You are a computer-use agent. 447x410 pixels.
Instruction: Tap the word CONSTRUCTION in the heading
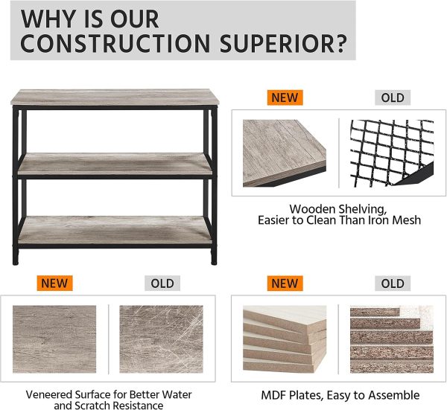pyautogui.click(x=115, y=44)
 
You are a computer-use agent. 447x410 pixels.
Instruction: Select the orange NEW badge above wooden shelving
pyautogui.click(x=285, y=97)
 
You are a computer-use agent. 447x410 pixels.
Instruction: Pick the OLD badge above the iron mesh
pyautogui.click(x=393, y=97)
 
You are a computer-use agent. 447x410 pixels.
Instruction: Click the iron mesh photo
pyautogui.click(x=392, y=153)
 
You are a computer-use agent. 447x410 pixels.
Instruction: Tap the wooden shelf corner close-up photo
pyautogui.click(x=285, y=153)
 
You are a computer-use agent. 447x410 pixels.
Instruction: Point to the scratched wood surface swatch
pyautogui.click(x=161, y=339)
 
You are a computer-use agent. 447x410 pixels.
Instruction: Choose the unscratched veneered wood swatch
pyautogui.click(x=54, y=339)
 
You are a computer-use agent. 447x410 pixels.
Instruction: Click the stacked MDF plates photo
pyautogui.click(x=285, y=339)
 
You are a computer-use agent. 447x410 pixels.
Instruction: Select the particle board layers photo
pyautogui.click(x=392, y=339)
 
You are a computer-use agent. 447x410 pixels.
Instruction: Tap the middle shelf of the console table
pyautogui.click(x=115, y=164)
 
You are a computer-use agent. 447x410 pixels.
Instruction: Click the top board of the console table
pyautogui.click(x=115, y=97)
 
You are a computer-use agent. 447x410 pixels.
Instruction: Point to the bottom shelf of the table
pyautogui.click(x=115, y=230)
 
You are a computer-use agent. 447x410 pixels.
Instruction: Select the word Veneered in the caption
pyautogui.click(x=49, y=394)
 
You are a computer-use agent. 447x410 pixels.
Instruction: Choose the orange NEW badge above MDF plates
pyautogui.click(x=285, y=284)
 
